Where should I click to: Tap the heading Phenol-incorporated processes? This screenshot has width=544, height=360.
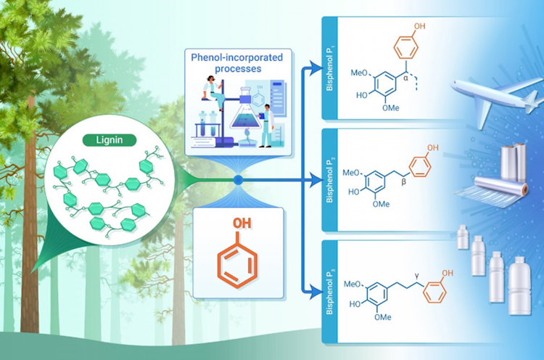(x=236, y=63)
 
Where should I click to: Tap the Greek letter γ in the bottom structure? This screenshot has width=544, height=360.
(x=418, y=274)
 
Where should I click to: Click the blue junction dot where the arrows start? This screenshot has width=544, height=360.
(x=236, y=178)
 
